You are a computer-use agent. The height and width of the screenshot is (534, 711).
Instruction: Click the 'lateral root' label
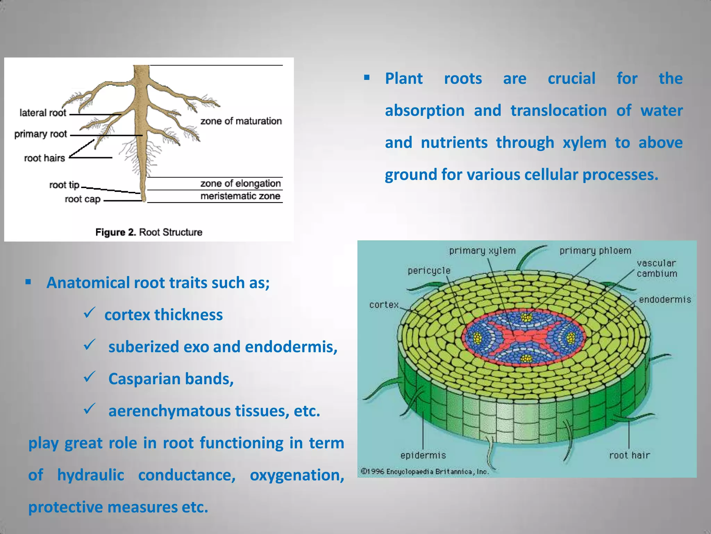(43, 113)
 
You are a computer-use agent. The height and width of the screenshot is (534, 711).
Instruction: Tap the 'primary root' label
(41, 134)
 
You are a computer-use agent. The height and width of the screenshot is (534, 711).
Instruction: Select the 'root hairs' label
(44, 158)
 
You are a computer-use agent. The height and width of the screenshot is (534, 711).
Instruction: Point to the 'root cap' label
(83, 199)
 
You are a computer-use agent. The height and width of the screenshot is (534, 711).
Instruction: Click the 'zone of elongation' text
(240, 183)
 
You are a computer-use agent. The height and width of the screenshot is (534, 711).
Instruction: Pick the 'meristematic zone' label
(240, 196)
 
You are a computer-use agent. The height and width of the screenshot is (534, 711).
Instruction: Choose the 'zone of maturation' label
(241, 121)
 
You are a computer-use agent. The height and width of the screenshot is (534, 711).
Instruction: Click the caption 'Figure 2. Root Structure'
(149, 232)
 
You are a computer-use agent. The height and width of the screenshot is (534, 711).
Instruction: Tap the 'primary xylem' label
(482, 251)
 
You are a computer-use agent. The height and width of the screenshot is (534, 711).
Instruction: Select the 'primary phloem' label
(595, 251)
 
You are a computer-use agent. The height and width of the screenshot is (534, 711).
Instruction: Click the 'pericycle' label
(429, 270)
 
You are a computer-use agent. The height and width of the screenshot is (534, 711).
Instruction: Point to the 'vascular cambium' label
(656, 268)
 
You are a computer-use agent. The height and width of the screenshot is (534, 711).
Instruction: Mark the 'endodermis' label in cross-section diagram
(665, 299)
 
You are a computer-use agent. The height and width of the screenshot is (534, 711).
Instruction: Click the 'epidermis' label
(423, 455)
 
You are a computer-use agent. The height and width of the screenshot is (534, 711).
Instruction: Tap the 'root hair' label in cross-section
(629, 455)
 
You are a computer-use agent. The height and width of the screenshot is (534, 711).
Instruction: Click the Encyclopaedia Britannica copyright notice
(425, 472)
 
